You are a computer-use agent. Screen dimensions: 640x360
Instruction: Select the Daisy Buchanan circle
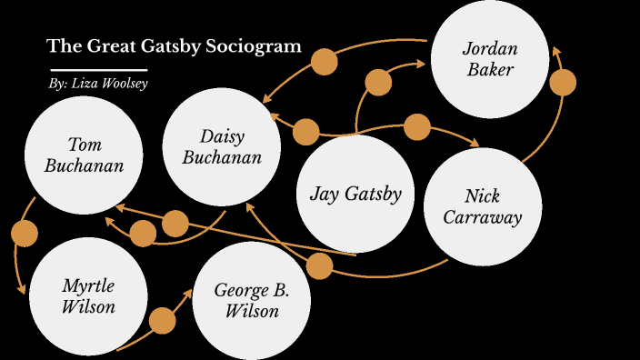click(x=221, y=147)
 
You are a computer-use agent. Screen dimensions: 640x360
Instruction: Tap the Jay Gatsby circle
click(x=355, y=193)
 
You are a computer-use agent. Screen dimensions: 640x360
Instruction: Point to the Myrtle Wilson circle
click(x=88, y=295)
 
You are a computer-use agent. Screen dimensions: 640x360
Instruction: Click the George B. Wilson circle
click(x=252, y=300)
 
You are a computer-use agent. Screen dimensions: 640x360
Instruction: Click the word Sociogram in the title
click(x=255, y=45)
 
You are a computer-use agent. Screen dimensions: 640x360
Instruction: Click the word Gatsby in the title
click(x=175, y=45)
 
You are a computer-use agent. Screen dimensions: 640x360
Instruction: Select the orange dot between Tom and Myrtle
click(x=25, y=233)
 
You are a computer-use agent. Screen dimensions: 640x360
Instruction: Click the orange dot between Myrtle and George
click(x=163, y=320)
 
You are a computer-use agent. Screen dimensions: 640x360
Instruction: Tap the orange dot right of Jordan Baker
click(x=564, y=83)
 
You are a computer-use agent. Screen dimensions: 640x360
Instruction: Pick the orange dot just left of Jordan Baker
click(x=378, y=83)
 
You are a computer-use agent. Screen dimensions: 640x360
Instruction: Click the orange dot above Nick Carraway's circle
click(x=416, y=127)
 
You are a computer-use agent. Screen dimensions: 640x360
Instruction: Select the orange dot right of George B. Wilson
click(x=319, y=266)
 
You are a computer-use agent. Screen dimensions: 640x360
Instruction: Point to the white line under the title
click(x=98, y=69)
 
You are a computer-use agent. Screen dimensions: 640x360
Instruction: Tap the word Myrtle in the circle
click(x=88, y=285)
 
